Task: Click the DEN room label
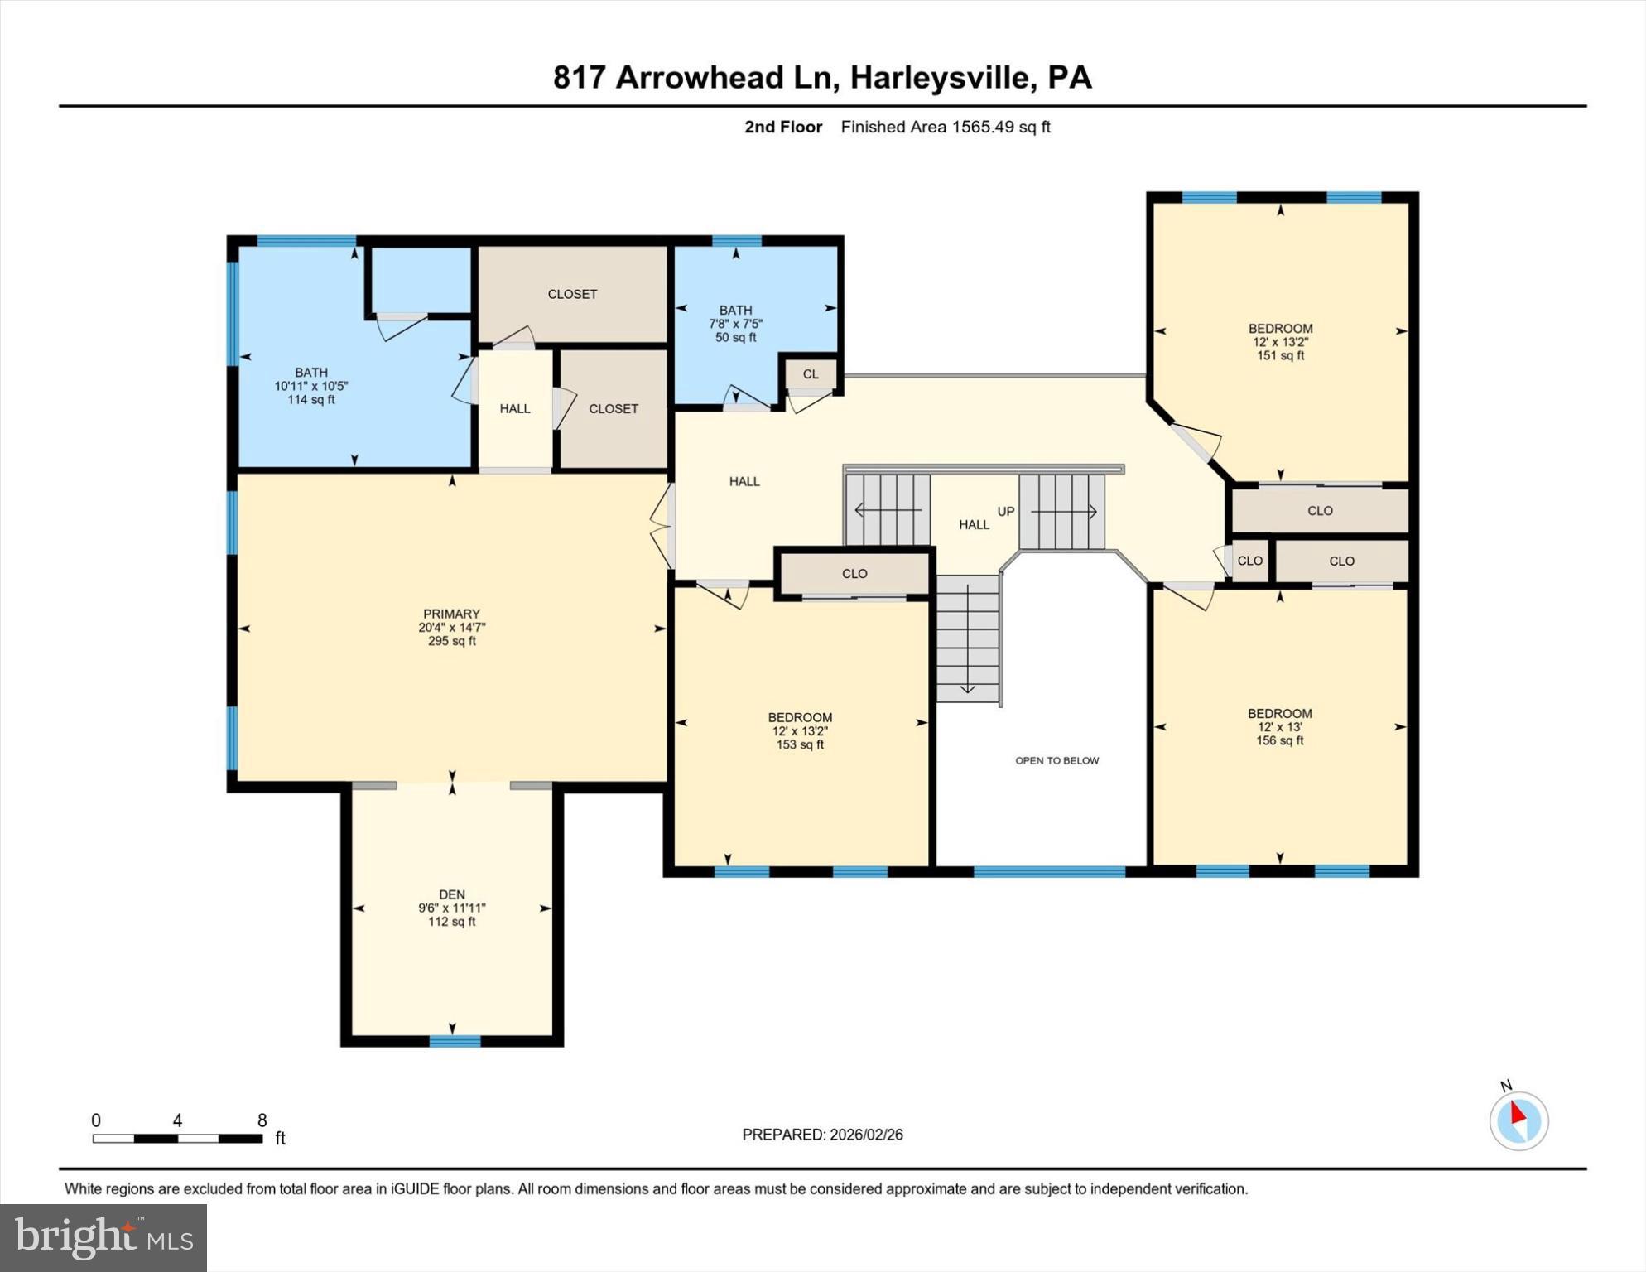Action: point(451,894)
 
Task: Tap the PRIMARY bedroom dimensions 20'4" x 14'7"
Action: point(451,628)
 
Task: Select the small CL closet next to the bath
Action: point(811,374)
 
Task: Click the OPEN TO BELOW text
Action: point(1056,760)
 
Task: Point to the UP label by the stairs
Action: point(1005,512)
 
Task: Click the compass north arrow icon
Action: point(1518,1120)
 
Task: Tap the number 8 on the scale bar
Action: point(262,1120)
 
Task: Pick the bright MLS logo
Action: point(103,1237)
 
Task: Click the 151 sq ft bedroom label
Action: point(1280,355)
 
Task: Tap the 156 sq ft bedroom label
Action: point(1279,740)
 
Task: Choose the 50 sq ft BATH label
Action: point(735,337)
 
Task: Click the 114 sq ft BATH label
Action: point(310,399)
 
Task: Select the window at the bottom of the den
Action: point(455,1041)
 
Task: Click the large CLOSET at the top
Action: point(572,294)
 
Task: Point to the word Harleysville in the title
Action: point(942,78)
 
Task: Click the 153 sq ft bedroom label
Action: point(799,744)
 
